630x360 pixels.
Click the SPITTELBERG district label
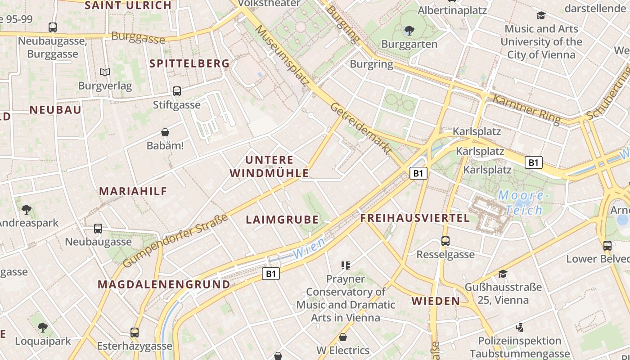189,63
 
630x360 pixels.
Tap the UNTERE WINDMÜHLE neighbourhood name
269,166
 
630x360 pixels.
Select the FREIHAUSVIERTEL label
415,218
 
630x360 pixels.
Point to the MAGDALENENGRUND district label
164,284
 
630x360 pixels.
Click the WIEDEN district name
436,301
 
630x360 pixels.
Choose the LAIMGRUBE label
282,220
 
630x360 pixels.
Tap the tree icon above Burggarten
409,31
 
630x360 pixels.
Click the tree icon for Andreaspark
27,209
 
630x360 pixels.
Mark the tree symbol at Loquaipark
42,328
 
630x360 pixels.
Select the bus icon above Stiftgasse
177,91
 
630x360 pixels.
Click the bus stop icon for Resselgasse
445,241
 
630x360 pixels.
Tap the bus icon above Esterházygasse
134,333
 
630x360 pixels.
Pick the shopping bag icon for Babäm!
165,132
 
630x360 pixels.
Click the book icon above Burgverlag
105,72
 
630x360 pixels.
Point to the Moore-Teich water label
522,202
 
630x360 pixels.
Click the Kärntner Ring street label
526,109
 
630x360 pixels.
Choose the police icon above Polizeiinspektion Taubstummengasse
519,327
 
